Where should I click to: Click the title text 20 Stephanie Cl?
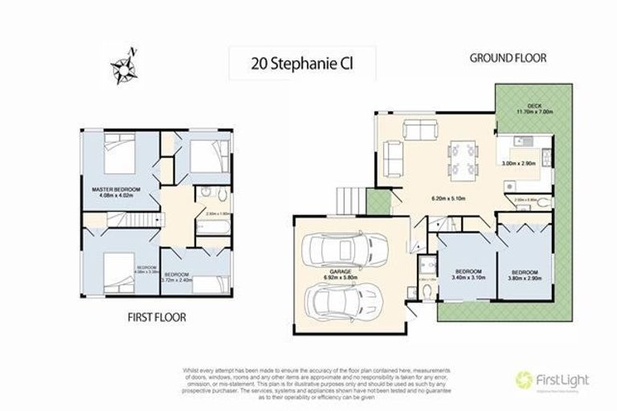284,61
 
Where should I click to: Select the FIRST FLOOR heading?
157,317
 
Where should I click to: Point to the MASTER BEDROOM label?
116,189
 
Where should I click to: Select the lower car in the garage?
337,303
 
